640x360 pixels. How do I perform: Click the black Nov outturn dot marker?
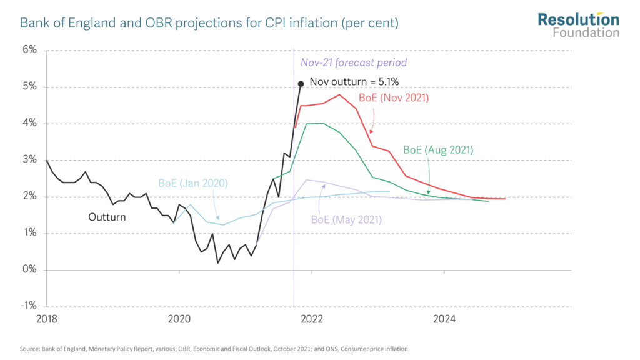[301, 83]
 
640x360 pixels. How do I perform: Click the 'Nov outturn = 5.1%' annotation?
[354, 81]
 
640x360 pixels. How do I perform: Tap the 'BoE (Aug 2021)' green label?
[438, 150]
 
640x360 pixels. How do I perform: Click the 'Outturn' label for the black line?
[107, 217]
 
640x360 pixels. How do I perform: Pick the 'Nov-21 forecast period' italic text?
[354, 62]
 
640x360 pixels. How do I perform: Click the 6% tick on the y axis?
[29, 50]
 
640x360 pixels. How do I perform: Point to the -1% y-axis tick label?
[28, 307]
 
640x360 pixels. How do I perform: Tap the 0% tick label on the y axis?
[29, 270]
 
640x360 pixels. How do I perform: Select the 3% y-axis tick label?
[29, 160]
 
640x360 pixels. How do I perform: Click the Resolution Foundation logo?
[578, 25]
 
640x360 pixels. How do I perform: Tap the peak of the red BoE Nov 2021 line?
[338, 95]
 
